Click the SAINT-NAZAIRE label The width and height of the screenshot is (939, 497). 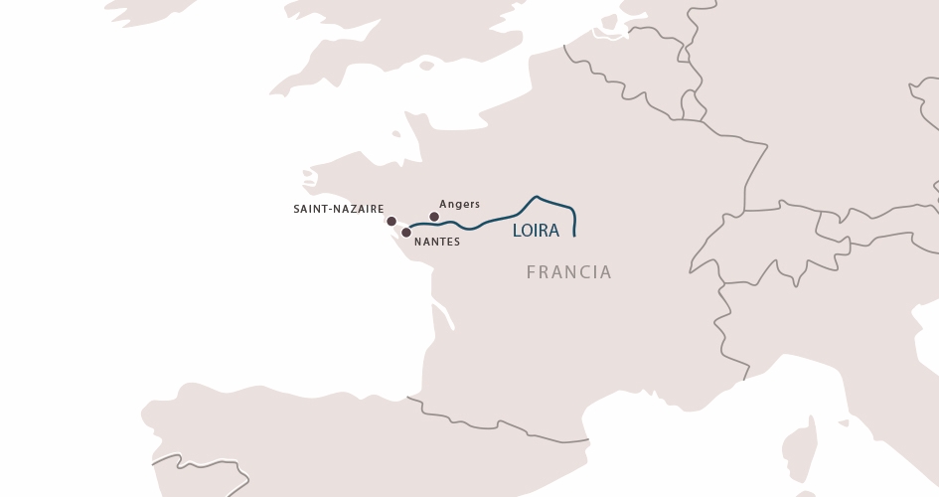pyautogui.click(x=338, y=210)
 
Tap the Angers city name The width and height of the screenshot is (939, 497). pyautogui.click(x=459, y=204)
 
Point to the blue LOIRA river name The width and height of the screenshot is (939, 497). pyautogui.click(x=536, y=231)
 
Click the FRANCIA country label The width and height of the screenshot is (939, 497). pyautogui.click(x=568, y=272)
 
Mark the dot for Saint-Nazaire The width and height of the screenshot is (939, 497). pyautogui.click(x=391, y=222)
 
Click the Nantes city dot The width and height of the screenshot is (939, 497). pyautogui.click(x=406, y=233)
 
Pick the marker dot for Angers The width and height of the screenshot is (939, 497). pyautogui.click(x=434, y=217)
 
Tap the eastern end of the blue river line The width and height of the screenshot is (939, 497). pyautogui.click(x=575, y=236)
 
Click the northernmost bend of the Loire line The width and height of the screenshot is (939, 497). pyautogui.click(x=537, y=197)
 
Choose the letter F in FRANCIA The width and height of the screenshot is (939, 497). pyautogui.click(x=532, y=272)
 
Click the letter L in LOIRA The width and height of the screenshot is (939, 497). pyautogui.click(x=517, y=231)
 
